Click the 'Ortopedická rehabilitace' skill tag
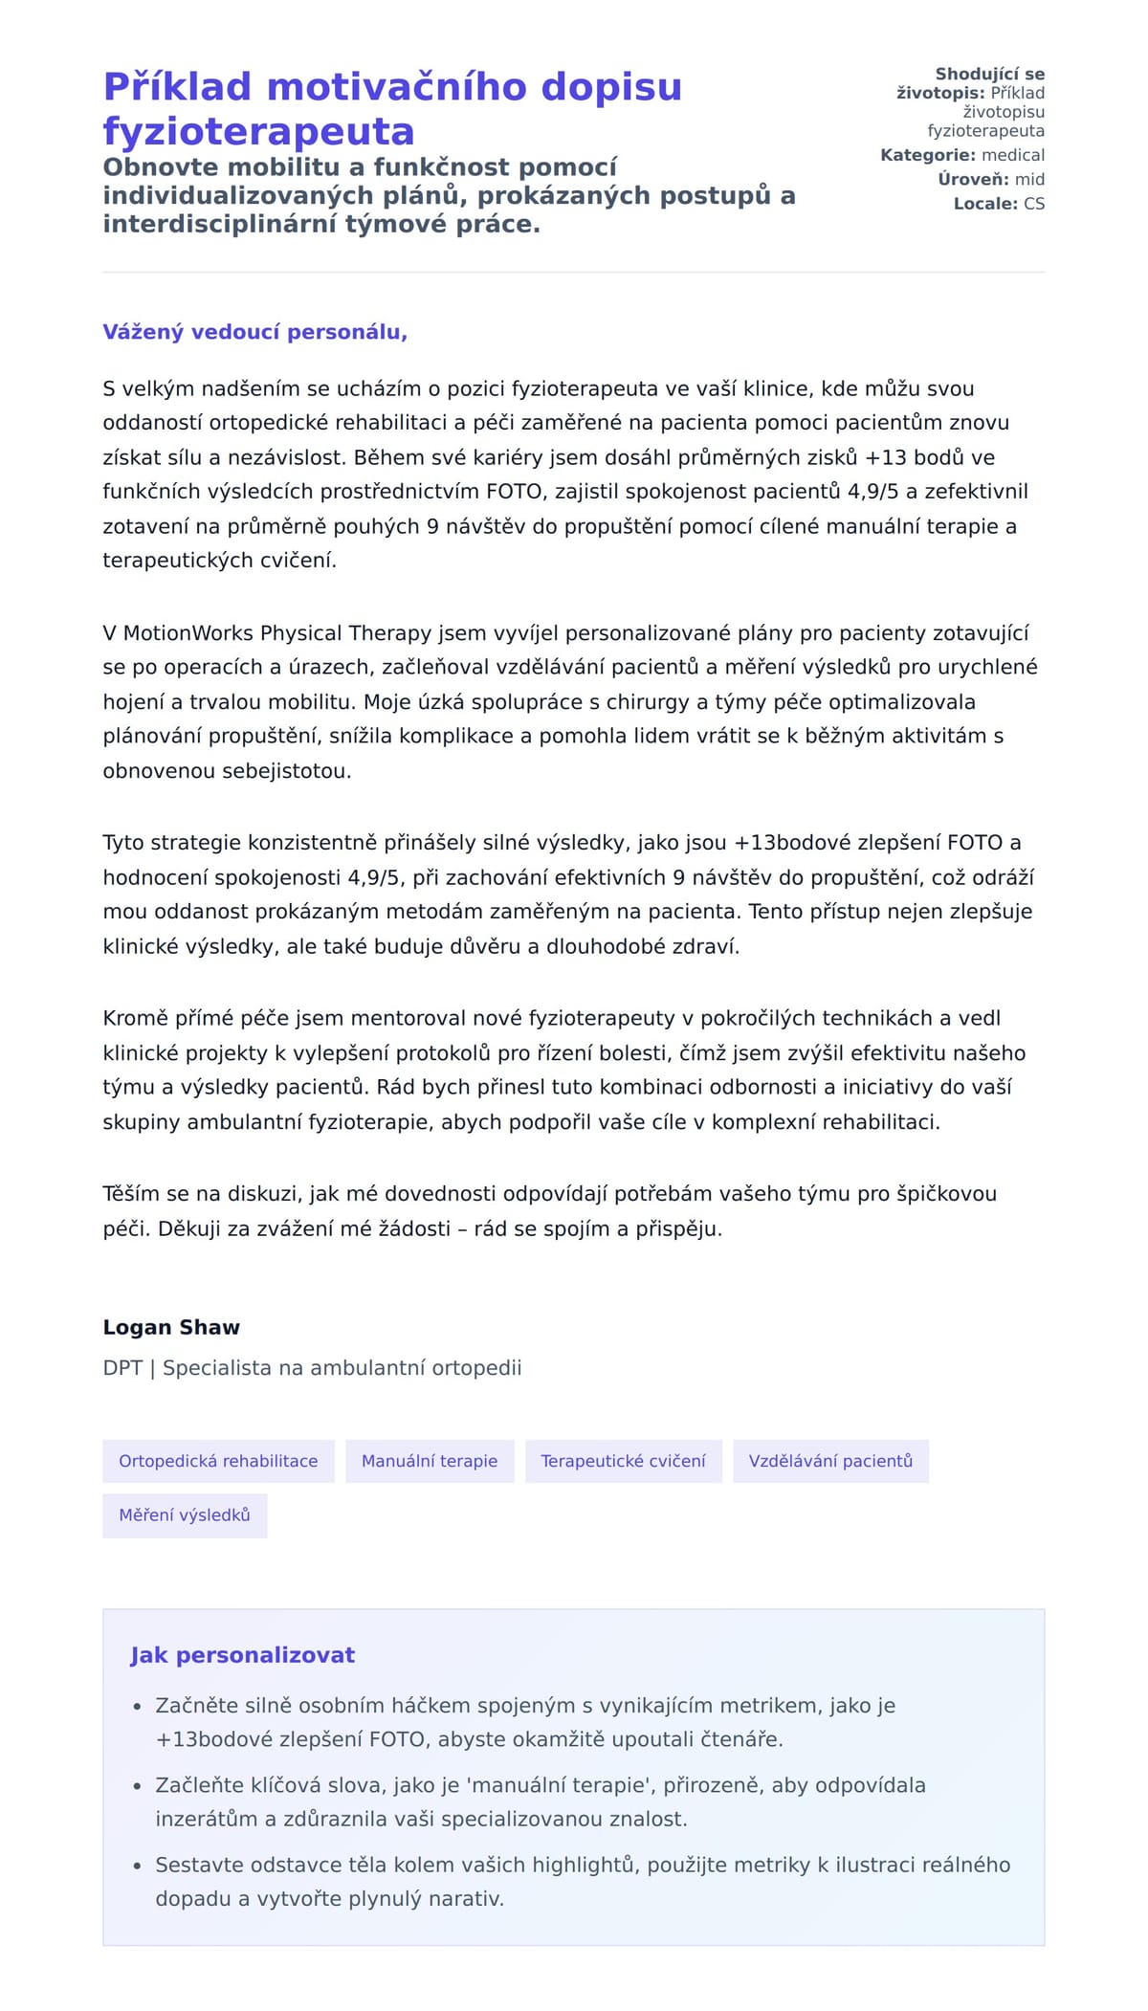click(218, 1461)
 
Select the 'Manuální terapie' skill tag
click(430, 1461)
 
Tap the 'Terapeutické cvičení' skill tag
click(623, 1461)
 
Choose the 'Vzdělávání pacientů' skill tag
click(830, 1461)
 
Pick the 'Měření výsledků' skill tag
click(185, 1515)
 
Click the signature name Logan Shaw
click(171, 1327)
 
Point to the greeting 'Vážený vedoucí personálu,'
click(255, 332)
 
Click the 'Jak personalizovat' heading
click(243, 1655)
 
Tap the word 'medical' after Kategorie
click(1013, 155)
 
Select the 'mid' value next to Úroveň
click(1030, 179)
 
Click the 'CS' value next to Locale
click(1034, 204)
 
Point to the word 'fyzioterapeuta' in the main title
click(258, 131)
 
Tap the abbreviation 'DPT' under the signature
click(122, 1368)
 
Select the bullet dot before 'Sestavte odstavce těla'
click(137, 1866)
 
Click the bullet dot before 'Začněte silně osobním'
click(137, 1707)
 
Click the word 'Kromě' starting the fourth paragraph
click(132, 1018)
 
